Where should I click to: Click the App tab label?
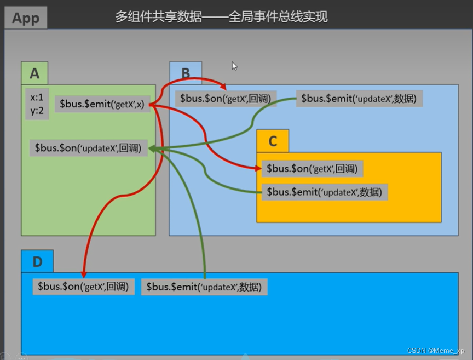(x=26, y=18)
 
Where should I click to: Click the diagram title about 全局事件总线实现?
(x=221, y=17)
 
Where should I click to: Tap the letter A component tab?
(x=34, y=73)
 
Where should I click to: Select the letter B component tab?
(x=186, y=73)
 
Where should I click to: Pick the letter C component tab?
(x=273, y=142)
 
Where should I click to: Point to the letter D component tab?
(x=37, y=262)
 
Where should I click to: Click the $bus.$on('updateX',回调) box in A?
(x=88, y=147)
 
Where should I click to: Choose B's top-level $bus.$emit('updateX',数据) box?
(x=359, y=99)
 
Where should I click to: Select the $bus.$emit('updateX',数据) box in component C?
(x=325, y=192)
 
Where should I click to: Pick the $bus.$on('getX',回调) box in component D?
(x=83, y=287)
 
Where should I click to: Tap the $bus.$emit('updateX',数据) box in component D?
(x=204, y=287)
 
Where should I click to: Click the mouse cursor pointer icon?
(x=234, y=66)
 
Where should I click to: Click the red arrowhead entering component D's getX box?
(x=83, y=274)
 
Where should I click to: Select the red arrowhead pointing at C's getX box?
(x=258, y=169)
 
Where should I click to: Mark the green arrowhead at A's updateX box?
(x=152, y=148)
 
